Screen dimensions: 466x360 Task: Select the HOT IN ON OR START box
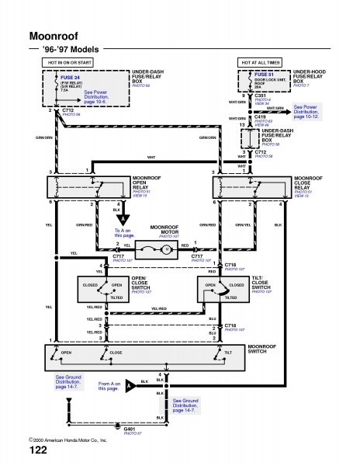pyautogui.click(x=69, y=61)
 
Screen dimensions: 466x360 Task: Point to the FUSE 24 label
pyautogui.click(x=73, y=76)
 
